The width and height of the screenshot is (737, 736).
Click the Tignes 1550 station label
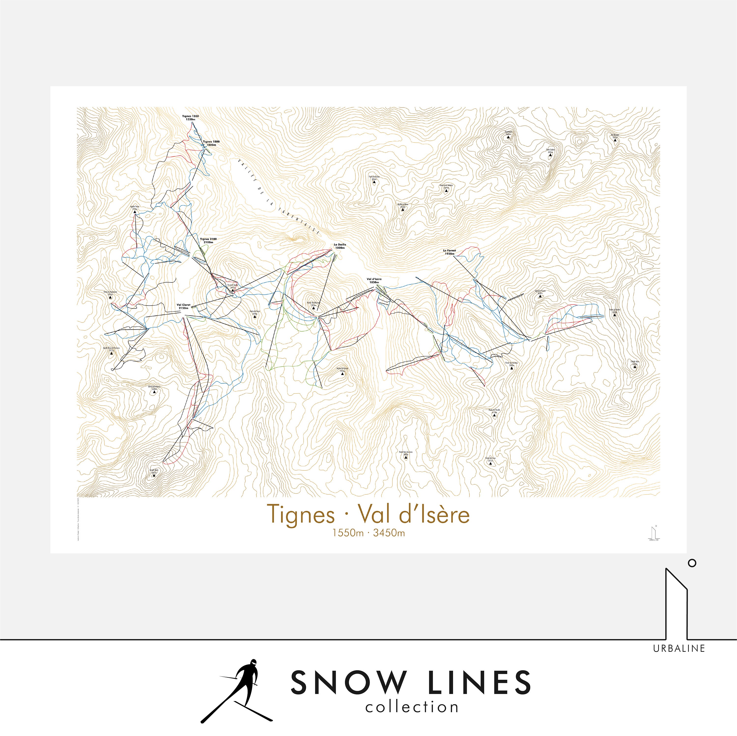pos(190,117)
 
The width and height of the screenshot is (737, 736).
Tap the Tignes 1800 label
pos(211,143)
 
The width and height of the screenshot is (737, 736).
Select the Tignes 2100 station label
pos(208,241)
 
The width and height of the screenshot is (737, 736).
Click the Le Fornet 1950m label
pos(449,252)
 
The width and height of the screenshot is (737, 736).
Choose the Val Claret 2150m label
pos(184,306)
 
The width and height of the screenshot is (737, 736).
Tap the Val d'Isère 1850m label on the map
pos(374,281)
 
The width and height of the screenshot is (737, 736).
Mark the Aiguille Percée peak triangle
pos(134,214)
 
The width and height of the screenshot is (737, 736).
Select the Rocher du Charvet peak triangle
pos(342,374)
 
